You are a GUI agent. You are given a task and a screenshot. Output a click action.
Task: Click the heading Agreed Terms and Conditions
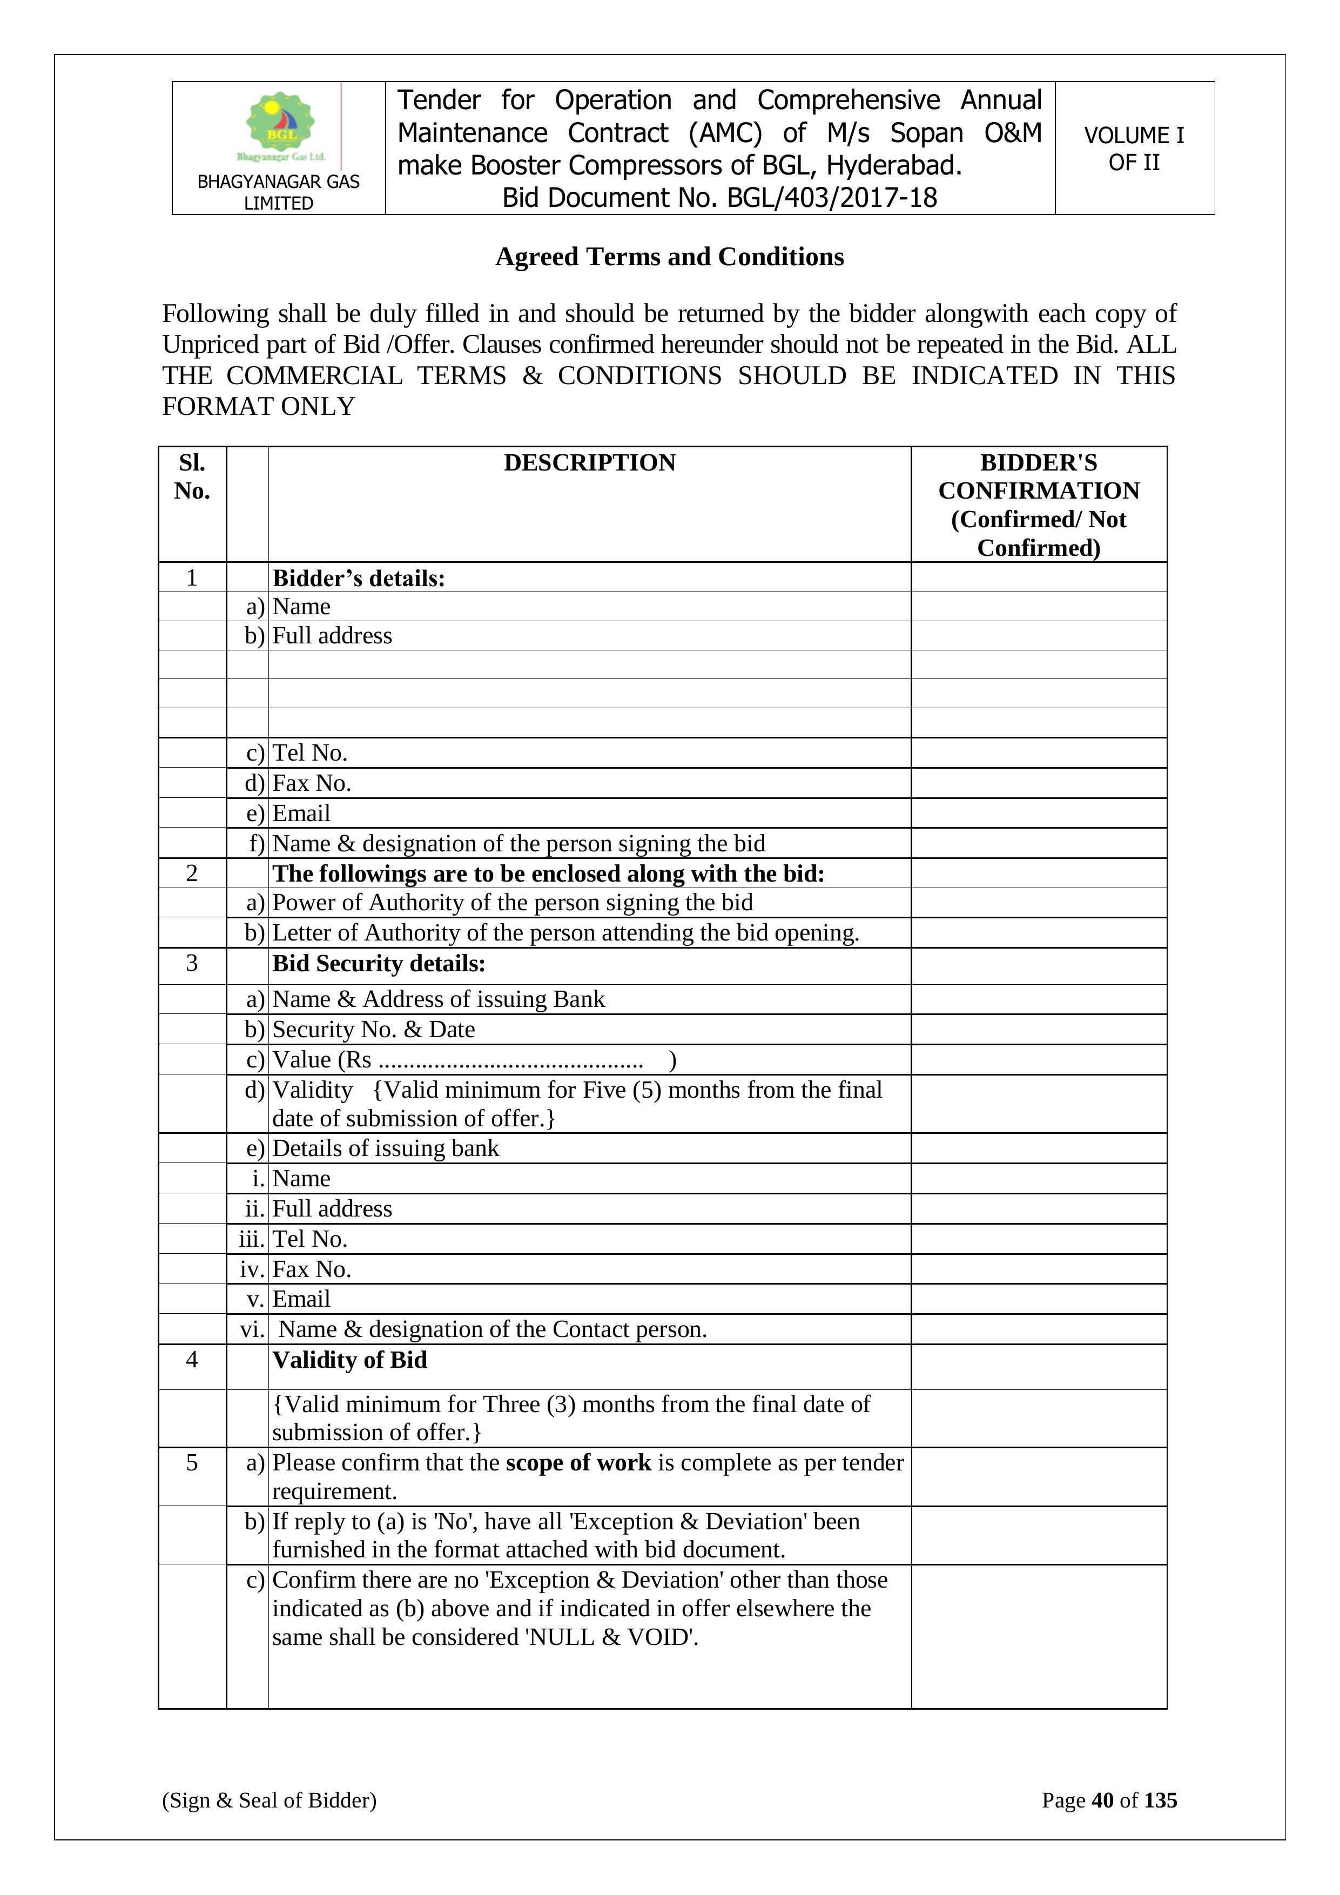[669, 257]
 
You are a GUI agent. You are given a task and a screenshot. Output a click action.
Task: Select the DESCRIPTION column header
[589, 463]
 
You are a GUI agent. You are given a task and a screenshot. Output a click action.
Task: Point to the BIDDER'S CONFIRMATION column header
[1038, 505]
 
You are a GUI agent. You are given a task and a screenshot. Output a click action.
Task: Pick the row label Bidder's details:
[359, 578]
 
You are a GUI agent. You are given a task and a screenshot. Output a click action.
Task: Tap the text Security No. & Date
[373, 1029]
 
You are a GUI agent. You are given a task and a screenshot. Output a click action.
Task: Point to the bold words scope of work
[578, 1462]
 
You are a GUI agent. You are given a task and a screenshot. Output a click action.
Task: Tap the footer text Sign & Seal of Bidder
[269, 1800]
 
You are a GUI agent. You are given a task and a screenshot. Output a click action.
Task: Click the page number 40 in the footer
[1102, 1800]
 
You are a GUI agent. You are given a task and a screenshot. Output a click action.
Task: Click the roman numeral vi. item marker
[252, 1329]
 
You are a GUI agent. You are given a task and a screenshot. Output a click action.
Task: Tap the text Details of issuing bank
[385, 1148]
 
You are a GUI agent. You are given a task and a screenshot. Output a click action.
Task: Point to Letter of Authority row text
[565, 932]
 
